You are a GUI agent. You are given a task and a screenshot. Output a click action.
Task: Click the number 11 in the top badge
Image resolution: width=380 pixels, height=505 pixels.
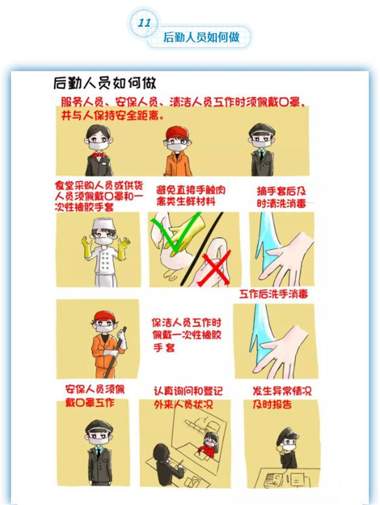tap(144, 23)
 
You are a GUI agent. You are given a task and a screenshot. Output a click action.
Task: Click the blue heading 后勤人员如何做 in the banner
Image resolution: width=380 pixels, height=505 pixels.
tap(201, 37)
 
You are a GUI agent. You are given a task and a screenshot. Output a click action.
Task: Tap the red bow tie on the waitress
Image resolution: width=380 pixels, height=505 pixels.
tap(98, 155)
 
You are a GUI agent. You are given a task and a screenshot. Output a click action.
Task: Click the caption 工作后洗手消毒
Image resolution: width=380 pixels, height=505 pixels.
tap(274, 294)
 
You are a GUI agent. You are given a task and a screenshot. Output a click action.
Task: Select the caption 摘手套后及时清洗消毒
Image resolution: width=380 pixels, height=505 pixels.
tap(281, 197)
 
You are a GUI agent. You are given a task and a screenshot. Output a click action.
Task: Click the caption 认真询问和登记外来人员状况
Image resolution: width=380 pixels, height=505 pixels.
tap(188, 398)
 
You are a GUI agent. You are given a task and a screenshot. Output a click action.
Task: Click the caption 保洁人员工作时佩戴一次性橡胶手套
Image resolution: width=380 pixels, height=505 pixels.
tap(187, 335)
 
